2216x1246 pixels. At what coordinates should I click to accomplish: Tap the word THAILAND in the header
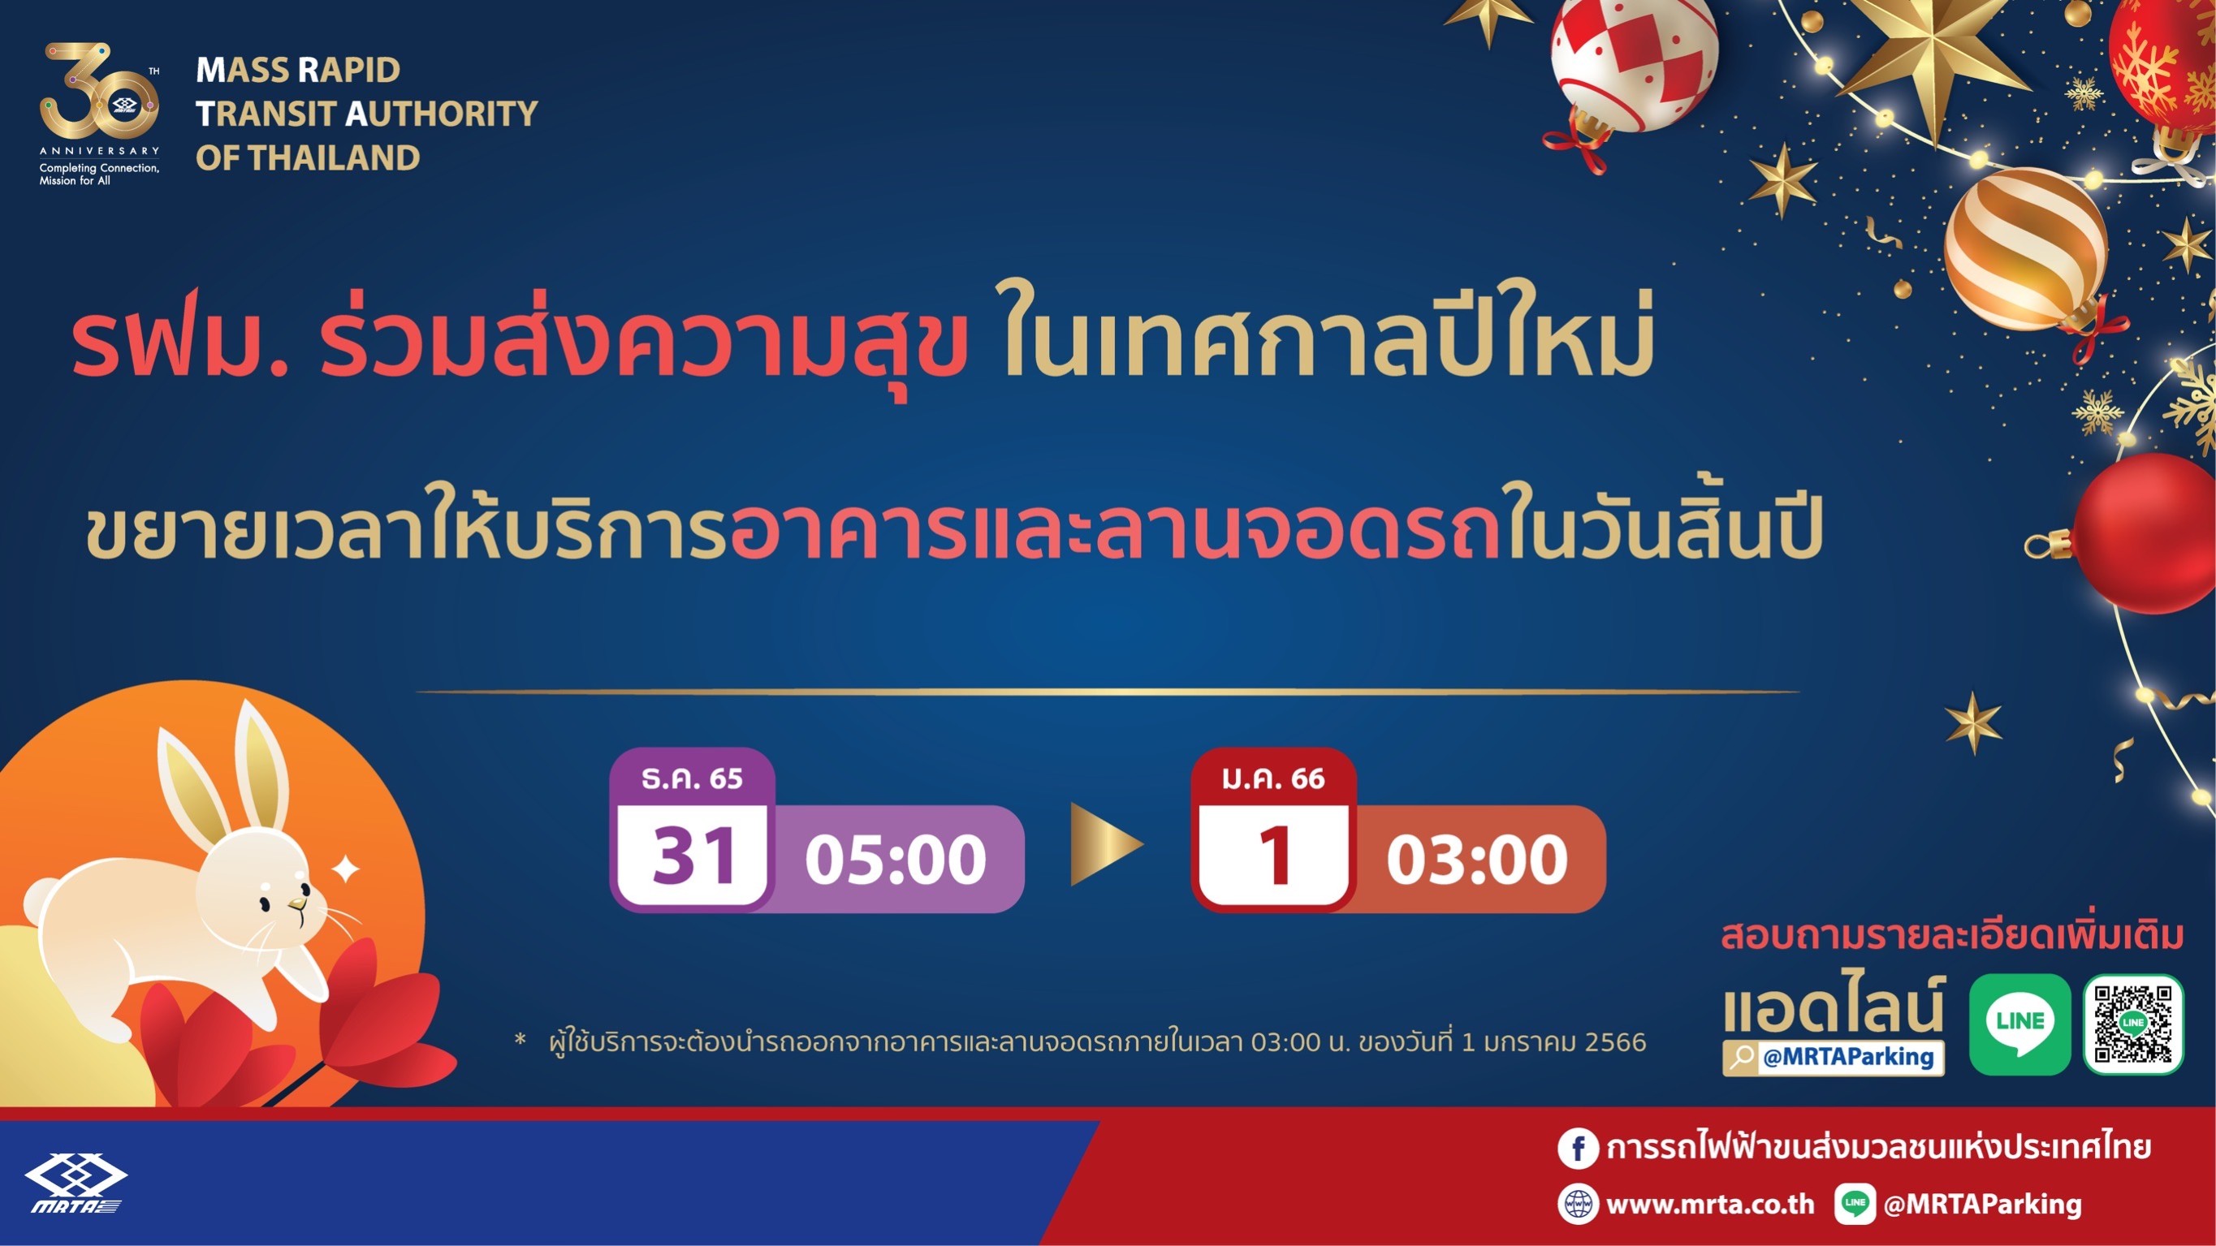pos(335,158)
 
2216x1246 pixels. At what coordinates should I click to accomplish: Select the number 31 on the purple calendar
pos(693,856)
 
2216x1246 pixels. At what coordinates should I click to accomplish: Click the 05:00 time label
pos(896,859)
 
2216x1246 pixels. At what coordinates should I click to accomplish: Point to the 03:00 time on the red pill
pos(1477,859)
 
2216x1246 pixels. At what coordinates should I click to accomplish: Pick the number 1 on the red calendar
pos(1275,856)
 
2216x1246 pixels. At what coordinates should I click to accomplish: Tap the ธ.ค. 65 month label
pos(692,778)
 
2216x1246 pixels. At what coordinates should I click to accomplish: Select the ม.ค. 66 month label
pos(1273,778)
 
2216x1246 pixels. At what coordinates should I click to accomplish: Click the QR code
pos(2133,1024)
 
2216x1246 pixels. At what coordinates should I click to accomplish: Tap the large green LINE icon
pos(2019,1024)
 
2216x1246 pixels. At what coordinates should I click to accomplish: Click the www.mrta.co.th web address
pos(1710,1204)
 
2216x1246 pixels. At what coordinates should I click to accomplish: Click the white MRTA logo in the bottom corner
pos(76,1183)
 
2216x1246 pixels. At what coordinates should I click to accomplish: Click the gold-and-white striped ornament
pos(2026,249)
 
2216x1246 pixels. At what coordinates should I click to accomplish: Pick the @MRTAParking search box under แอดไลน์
pos(1834,1057)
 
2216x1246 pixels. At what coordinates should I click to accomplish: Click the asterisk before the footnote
pos(520,1040)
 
